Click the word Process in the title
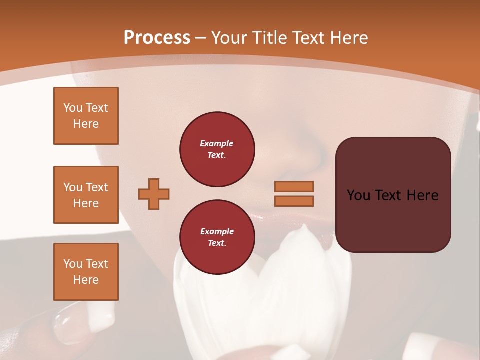(x=157, y=38)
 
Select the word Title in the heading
(x=269, y=38)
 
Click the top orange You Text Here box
(x=86, y=116)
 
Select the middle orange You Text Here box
(x=86, y=195)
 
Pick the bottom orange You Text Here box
(x=86, y=272)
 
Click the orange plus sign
(x=154, y=194)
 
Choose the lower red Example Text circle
(x=217, y=237)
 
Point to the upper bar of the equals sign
(x=294, y=186)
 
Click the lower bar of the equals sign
(x=294, y=201)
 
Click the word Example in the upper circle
(x=217, y=143)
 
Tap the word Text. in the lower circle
(x=217, y=243)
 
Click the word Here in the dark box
(x=422, y=195)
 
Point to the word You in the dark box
(x=358, y=195)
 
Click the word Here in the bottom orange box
(x=86, y=280)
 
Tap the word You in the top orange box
(x=72, y=108)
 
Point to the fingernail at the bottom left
(x=70, y=325)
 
